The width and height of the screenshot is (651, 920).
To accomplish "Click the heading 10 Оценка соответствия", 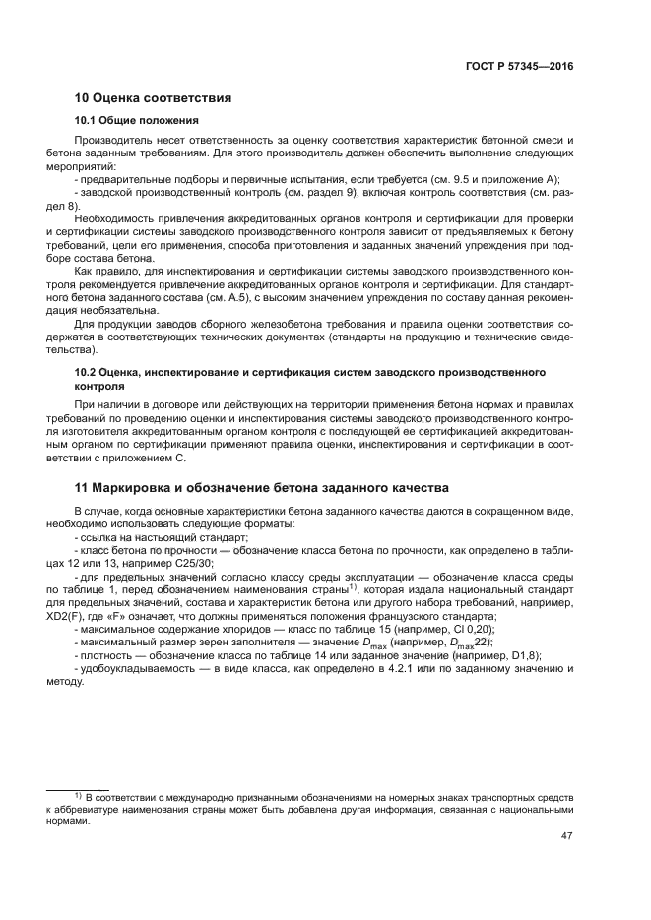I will tap(153, 98).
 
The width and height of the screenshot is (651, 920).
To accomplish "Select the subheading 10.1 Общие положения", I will tap(137, 121).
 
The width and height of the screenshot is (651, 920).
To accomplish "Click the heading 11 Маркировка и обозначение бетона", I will tap(262, 487).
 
